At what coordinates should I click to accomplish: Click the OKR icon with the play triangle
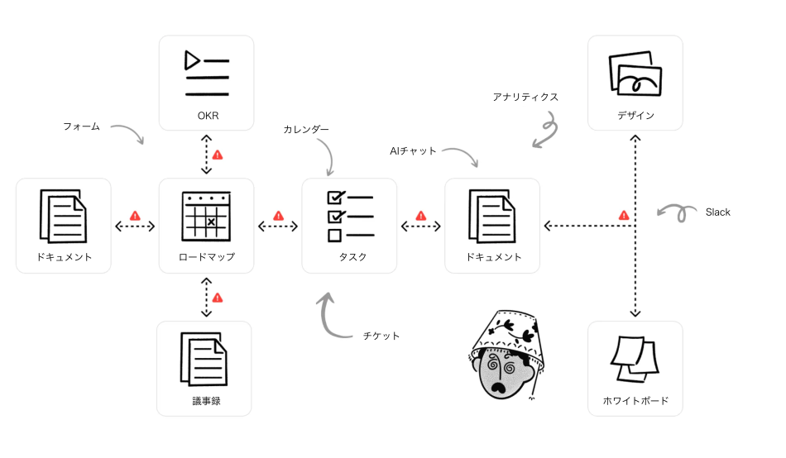tap(206, 74)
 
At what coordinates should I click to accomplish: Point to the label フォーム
tap(81, 126)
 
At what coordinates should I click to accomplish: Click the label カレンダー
tap(306, 130)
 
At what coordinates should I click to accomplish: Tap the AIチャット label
tap(413, 150)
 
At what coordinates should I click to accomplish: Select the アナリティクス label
tap(525, 97)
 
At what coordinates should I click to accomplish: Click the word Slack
tap(718, 212)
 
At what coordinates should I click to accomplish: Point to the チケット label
tap(381, 336)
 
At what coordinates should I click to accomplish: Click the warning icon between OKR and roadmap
tap(218, 155)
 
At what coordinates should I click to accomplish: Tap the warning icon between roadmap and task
tap(278, 215)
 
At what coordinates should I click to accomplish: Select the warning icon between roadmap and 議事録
tap(218, 298)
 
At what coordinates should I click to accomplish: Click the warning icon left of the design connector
tap(624, 215)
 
